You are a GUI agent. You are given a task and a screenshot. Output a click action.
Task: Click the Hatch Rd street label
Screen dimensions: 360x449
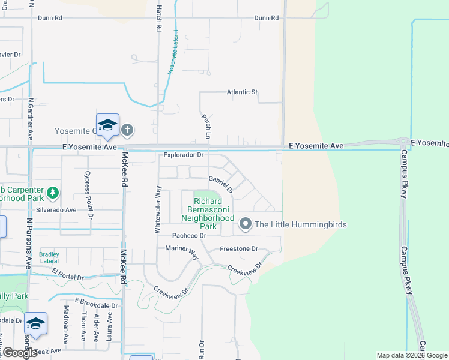158,19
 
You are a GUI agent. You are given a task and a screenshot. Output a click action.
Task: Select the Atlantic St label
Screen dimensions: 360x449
242,92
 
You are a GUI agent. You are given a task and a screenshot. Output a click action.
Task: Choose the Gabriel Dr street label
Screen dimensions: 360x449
220,181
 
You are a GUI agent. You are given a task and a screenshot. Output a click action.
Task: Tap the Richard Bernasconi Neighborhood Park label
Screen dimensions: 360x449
208,214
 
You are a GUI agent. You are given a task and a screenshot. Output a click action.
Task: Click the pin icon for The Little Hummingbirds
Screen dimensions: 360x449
245,224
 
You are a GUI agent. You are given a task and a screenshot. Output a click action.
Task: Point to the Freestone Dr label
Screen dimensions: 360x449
238,248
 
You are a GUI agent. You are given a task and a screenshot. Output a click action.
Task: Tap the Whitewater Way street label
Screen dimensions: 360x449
158,209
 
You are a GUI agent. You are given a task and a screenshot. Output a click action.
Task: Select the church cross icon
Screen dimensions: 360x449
127,130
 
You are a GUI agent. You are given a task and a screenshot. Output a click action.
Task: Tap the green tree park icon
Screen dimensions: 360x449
53,193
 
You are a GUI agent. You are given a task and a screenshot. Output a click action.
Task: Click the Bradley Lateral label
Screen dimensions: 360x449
49,257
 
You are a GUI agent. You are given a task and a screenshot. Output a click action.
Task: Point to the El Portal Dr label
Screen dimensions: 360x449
68,275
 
